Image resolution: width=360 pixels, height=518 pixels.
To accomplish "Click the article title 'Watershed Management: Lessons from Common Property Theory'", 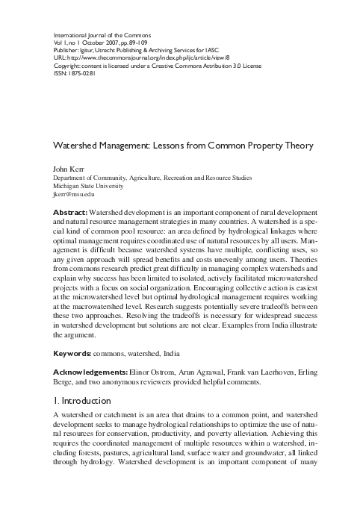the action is [x=180, y=146].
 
